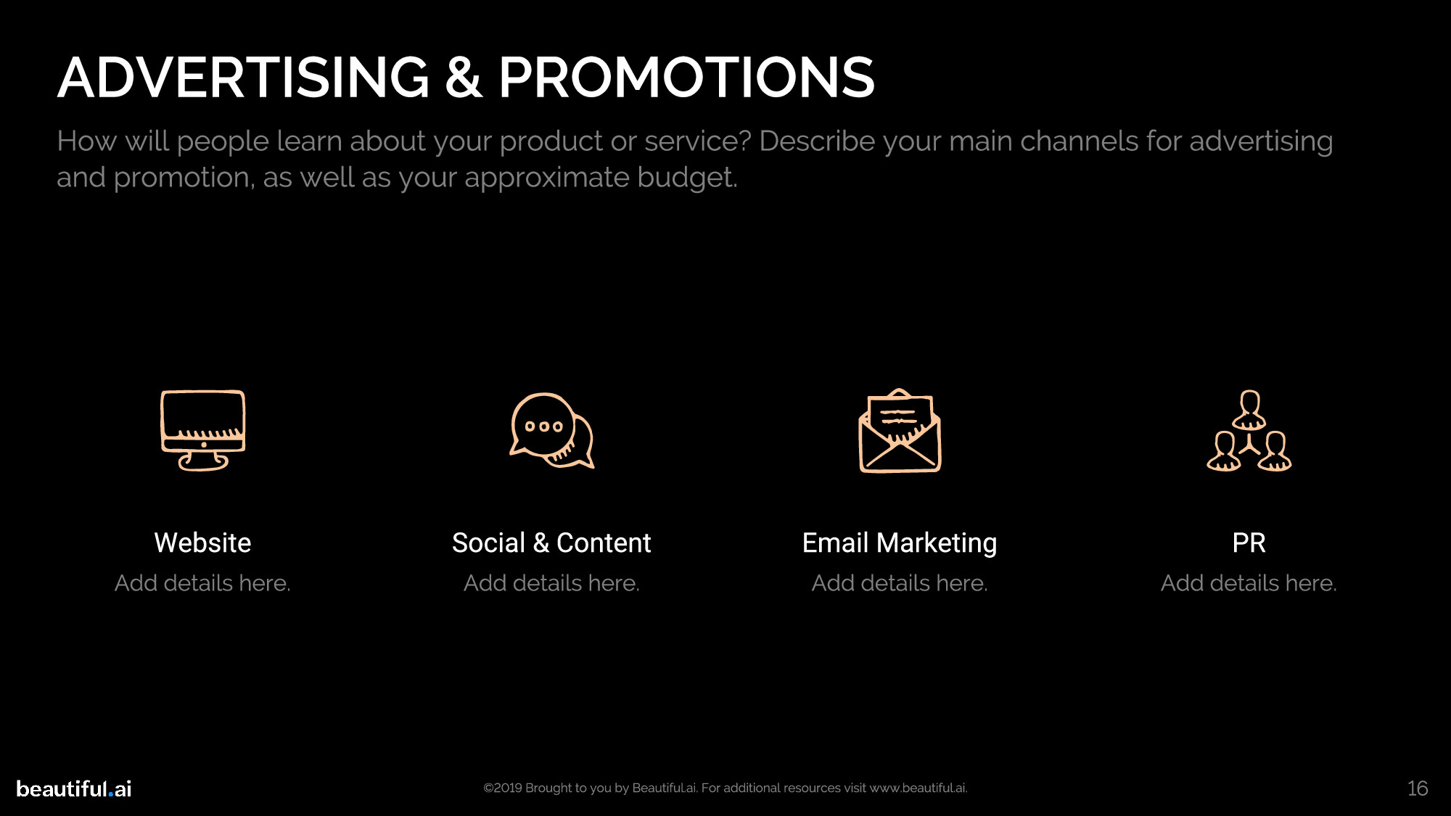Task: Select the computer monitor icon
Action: tap(203, 430)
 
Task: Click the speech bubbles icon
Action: tap(551, 430)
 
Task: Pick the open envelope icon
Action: tap(900, 430)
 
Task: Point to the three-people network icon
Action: tap(1249, 430)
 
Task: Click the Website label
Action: tap(203, 543)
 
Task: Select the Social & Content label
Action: tap(551, 543)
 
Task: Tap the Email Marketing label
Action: tap(900, 543)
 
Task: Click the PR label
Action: tap(1249, 543)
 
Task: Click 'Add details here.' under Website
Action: tap(203, 583)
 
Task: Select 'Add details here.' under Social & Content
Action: tap(551, 583)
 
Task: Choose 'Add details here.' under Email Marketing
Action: tap(900, 583)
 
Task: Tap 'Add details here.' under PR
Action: tap(1249, 583)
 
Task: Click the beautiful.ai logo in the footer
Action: tap(74, 788)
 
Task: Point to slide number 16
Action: tap(1418, 788)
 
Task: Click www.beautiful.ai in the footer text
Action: tap(918, 788)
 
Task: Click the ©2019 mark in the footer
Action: tap(503, 788)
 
